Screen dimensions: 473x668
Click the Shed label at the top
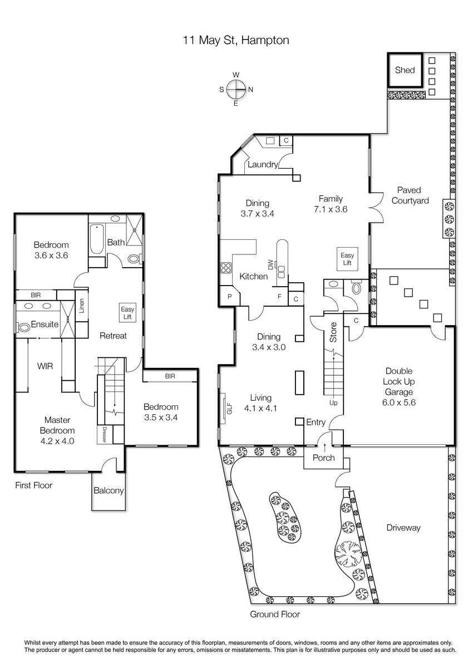click(405, 70)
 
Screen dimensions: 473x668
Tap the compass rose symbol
click(236, 89)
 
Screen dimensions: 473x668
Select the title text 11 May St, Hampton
click(236, 40)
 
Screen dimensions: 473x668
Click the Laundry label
click(262, 164)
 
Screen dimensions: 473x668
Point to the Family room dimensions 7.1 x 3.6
click(331, 209)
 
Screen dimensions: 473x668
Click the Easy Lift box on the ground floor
click(347, 259)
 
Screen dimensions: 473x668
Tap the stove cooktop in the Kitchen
click(225, 268)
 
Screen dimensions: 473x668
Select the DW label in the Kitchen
click(270, 264)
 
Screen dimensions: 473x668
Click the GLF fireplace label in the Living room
click(229, 409)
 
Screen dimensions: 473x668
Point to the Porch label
click(323, 458)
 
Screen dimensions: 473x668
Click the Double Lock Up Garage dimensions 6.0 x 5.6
click(398, 402)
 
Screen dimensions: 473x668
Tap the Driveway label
click(403, 528)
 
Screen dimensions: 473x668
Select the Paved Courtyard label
click(410, 195)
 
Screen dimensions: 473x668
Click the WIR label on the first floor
click(45, 366)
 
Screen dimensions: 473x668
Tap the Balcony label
click(109, 490)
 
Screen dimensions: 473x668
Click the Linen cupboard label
click(82, 306)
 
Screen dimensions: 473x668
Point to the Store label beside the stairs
click(333, 332)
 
